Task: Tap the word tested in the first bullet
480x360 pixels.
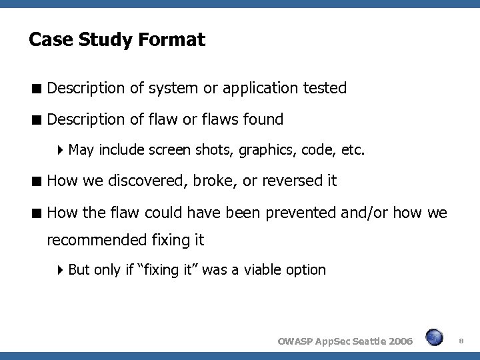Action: pos(324,87)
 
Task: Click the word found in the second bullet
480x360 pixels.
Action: pos(262,120)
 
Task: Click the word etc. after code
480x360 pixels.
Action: pos(353,151)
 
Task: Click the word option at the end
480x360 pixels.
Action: pos(307,270)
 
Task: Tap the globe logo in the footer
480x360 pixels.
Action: pos(435,337)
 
